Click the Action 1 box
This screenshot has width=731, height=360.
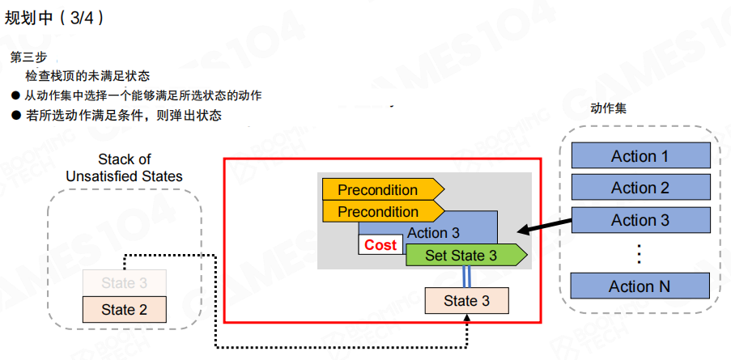[x=640, y=156]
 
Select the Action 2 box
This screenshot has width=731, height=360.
[x=640, y=188]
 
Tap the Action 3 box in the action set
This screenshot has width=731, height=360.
[x=640, y=220]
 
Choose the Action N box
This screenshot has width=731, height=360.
[x=640, y=286]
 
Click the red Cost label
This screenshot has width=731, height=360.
[x=380, y=245]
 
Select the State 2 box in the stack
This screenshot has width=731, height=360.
[x=124, y=309]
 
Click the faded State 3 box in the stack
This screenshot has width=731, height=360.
[x=124, y=283]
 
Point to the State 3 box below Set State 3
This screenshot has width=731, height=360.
[x=467, y=301]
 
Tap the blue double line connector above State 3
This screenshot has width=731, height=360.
[x=467, y=277]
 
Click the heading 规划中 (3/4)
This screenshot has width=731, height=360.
[x=54, y=17]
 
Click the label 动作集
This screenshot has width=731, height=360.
[x=608, y=108]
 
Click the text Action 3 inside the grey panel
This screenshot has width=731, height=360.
[x=433, y=233]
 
